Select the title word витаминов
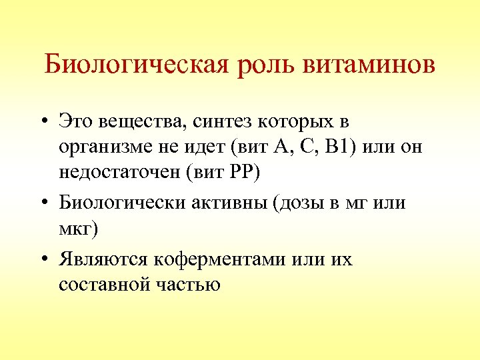pos(371,65)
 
